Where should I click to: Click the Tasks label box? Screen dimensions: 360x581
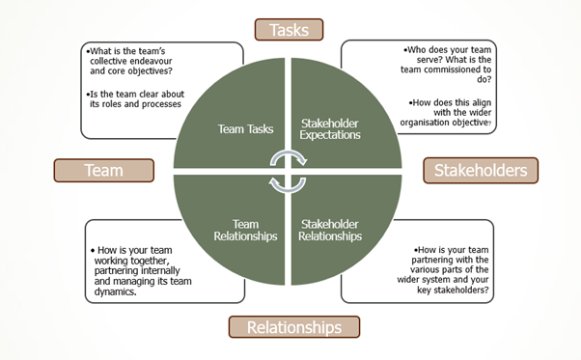pos(290,30)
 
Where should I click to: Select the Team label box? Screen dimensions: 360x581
pos(103,171)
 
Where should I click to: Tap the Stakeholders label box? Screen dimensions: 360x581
pos(480,171)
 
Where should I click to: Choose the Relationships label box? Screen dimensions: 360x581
pos(293,327)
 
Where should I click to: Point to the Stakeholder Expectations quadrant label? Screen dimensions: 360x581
pos(330,129)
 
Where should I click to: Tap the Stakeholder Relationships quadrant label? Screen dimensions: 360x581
pos(330,229)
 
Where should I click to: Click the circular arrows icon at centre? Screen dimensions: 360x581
pos(288,171)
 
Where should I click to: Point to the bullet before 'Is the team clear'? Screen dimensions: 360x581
pos(87,92)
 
